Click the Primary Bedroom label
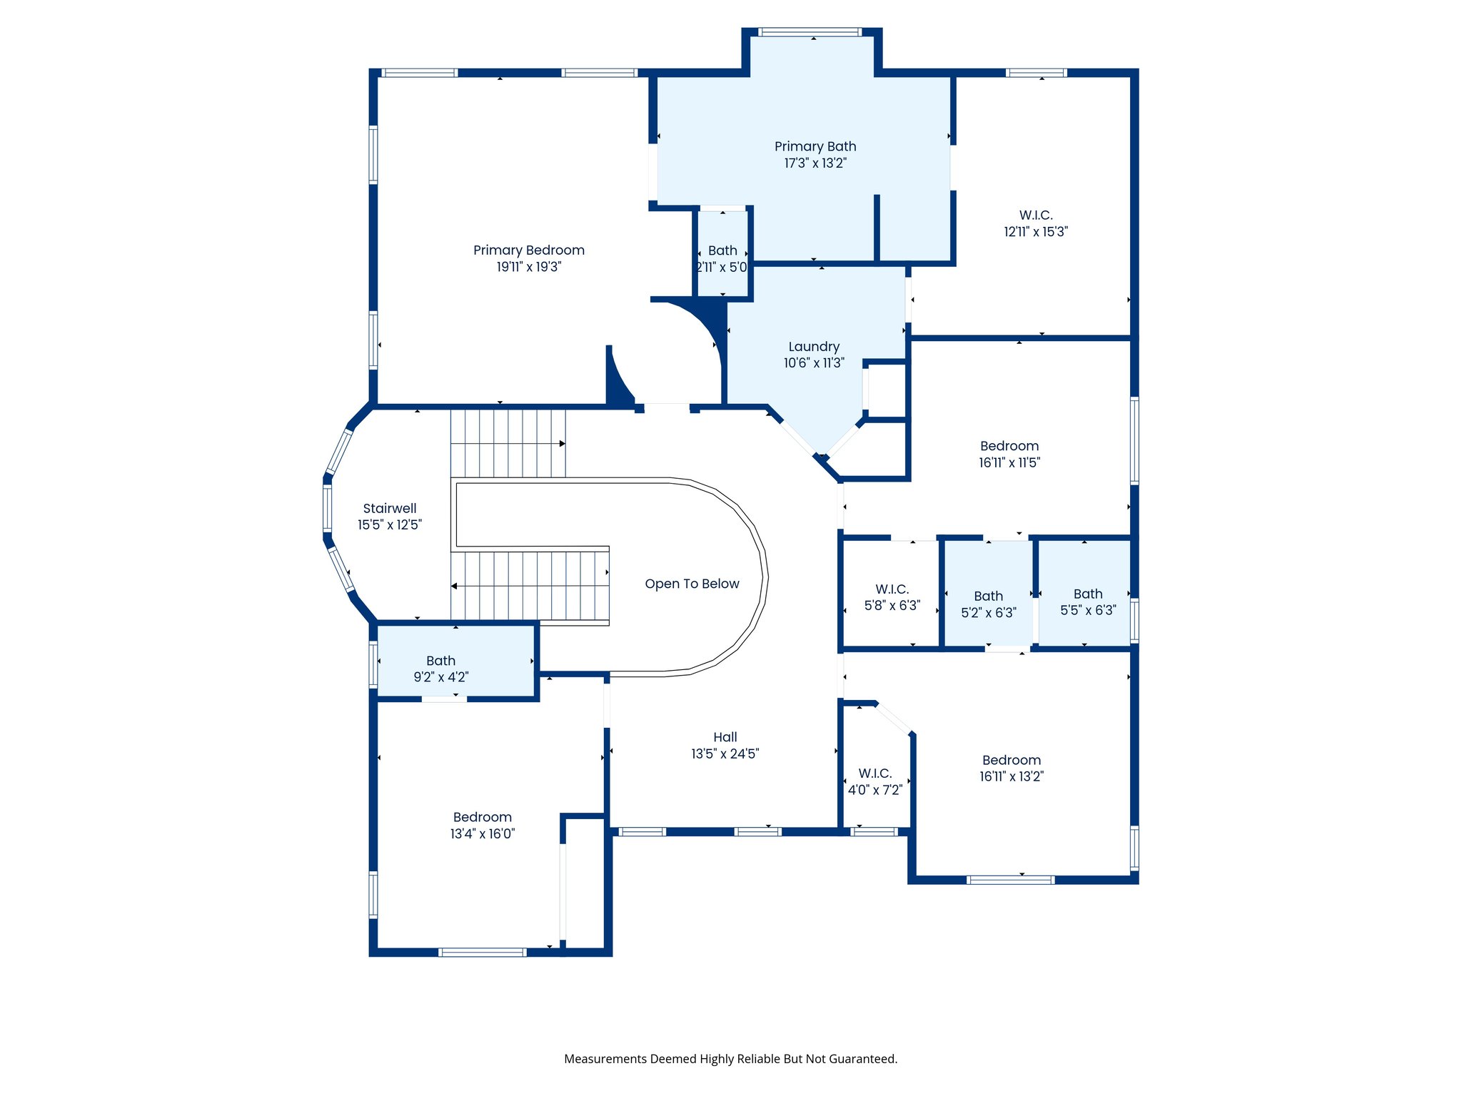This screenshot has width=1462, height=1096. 528,250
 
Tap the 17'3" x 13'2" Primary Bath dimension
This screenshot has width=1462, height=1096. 815,163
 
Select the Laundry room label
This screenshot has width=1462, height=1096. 814,347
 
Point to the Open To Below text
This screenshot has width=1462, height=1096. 692,584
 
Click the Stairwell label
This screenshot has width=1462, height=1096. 389,509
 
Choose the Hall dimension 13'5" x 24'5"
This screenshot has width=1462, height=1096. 725,754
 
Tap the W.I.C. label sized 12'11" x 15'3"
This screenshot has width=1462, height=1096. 1035,215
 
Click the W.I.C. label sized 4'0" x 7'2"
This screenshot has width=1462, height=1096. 874,773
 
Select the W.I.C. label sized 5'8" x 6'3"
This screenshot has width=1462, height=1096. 892,589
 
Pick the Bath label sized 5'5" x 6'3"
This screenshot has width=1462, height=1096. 1087,594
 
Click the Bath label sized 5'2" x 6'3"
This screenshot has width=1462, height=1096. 988,597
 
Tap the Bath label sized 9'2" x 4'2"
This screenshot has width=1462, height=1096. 440,661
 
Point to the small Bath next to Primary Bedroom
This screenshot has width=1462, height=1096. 722,251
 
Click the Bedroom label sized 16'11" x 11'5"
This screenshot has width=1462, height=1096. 1009,447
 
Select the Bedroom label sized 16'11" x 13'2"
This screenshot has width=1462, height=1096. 1011,761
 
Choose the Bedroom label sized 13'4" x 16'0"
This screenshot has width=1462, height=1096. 482,818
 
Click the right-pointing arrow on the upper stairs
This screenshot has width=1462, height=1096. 563,444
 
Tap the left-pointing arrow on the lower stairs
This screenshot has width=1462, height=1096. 454,587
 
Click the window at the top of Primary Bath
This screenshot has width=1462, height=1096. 810,32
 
